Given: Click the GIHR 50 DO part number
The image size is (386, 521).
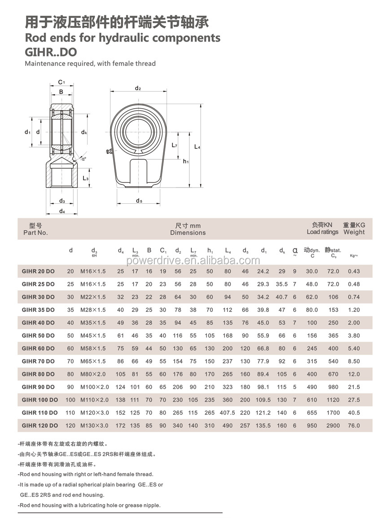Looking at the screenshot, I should pyautogui.click(x=38, y=336).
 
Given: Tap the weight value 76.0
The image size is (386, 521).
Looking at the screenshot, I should pyautogui.click(x=354, y=425).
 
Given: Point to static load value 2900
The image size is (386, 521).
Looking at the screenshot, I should pyautogui.click(x=333, y=425).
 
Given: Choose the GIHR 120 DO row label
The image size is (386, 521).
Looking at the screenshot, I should pyautogui.click(x=40, y=425).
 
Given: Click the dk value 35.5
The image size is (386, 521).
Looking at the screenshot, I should pyautogui.click(x=281, y=284).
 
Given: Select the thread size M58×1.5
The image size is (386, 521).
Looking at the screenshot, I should pyautogui.click(x=93, y=349).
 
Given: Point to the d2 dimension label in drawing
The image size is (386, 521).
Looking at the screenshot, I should pyautogui.click(x=138, y=88).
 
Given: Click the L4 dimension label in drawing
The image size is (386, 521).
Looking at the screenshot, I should pyautogui.click(x=197, y=147).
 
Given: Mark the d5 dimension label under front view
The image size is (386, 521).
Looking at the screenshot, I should pyautogui.click(x=139, y=201).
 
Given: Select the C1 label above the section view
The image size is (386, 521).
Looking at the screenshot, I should pyautogui.click(x=62, y=83).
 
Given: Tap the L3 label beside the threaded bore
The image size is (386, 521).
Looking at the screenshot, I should pyautogui.click(x=86, y=178).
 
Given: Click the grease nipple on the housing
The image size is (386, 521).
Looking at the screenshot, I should pyautogui.click(x=109, y=154).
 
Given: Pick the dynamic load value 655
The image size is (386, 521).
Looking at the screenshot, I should pyautogui.click(x=311, y=413).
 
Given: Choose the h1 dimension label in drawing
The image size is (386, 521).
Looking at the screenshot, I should pyautogui.click(x=186, y=161).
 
